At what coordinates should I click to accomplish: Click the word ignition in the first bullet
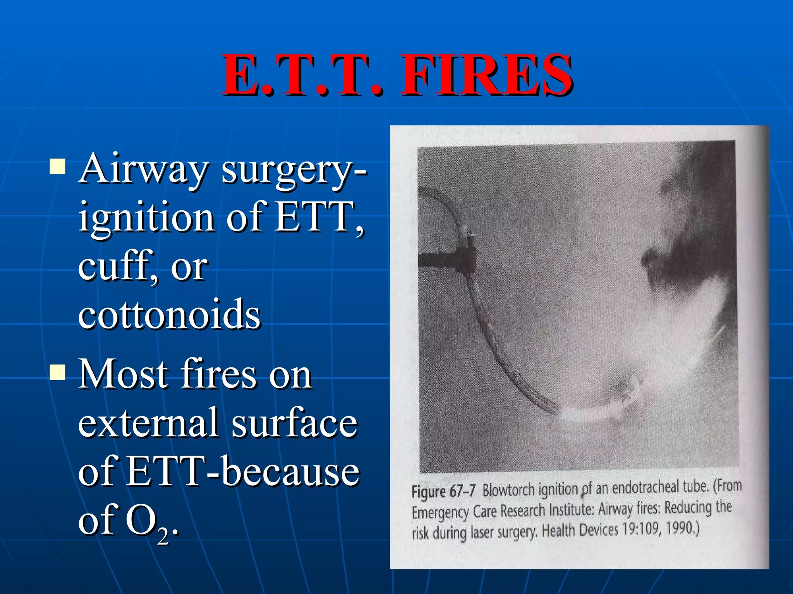pyautogui.click(x=146, y=217)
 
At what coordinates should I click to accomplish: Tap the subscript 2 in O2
pyautogui.click(x=163, y=536)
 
